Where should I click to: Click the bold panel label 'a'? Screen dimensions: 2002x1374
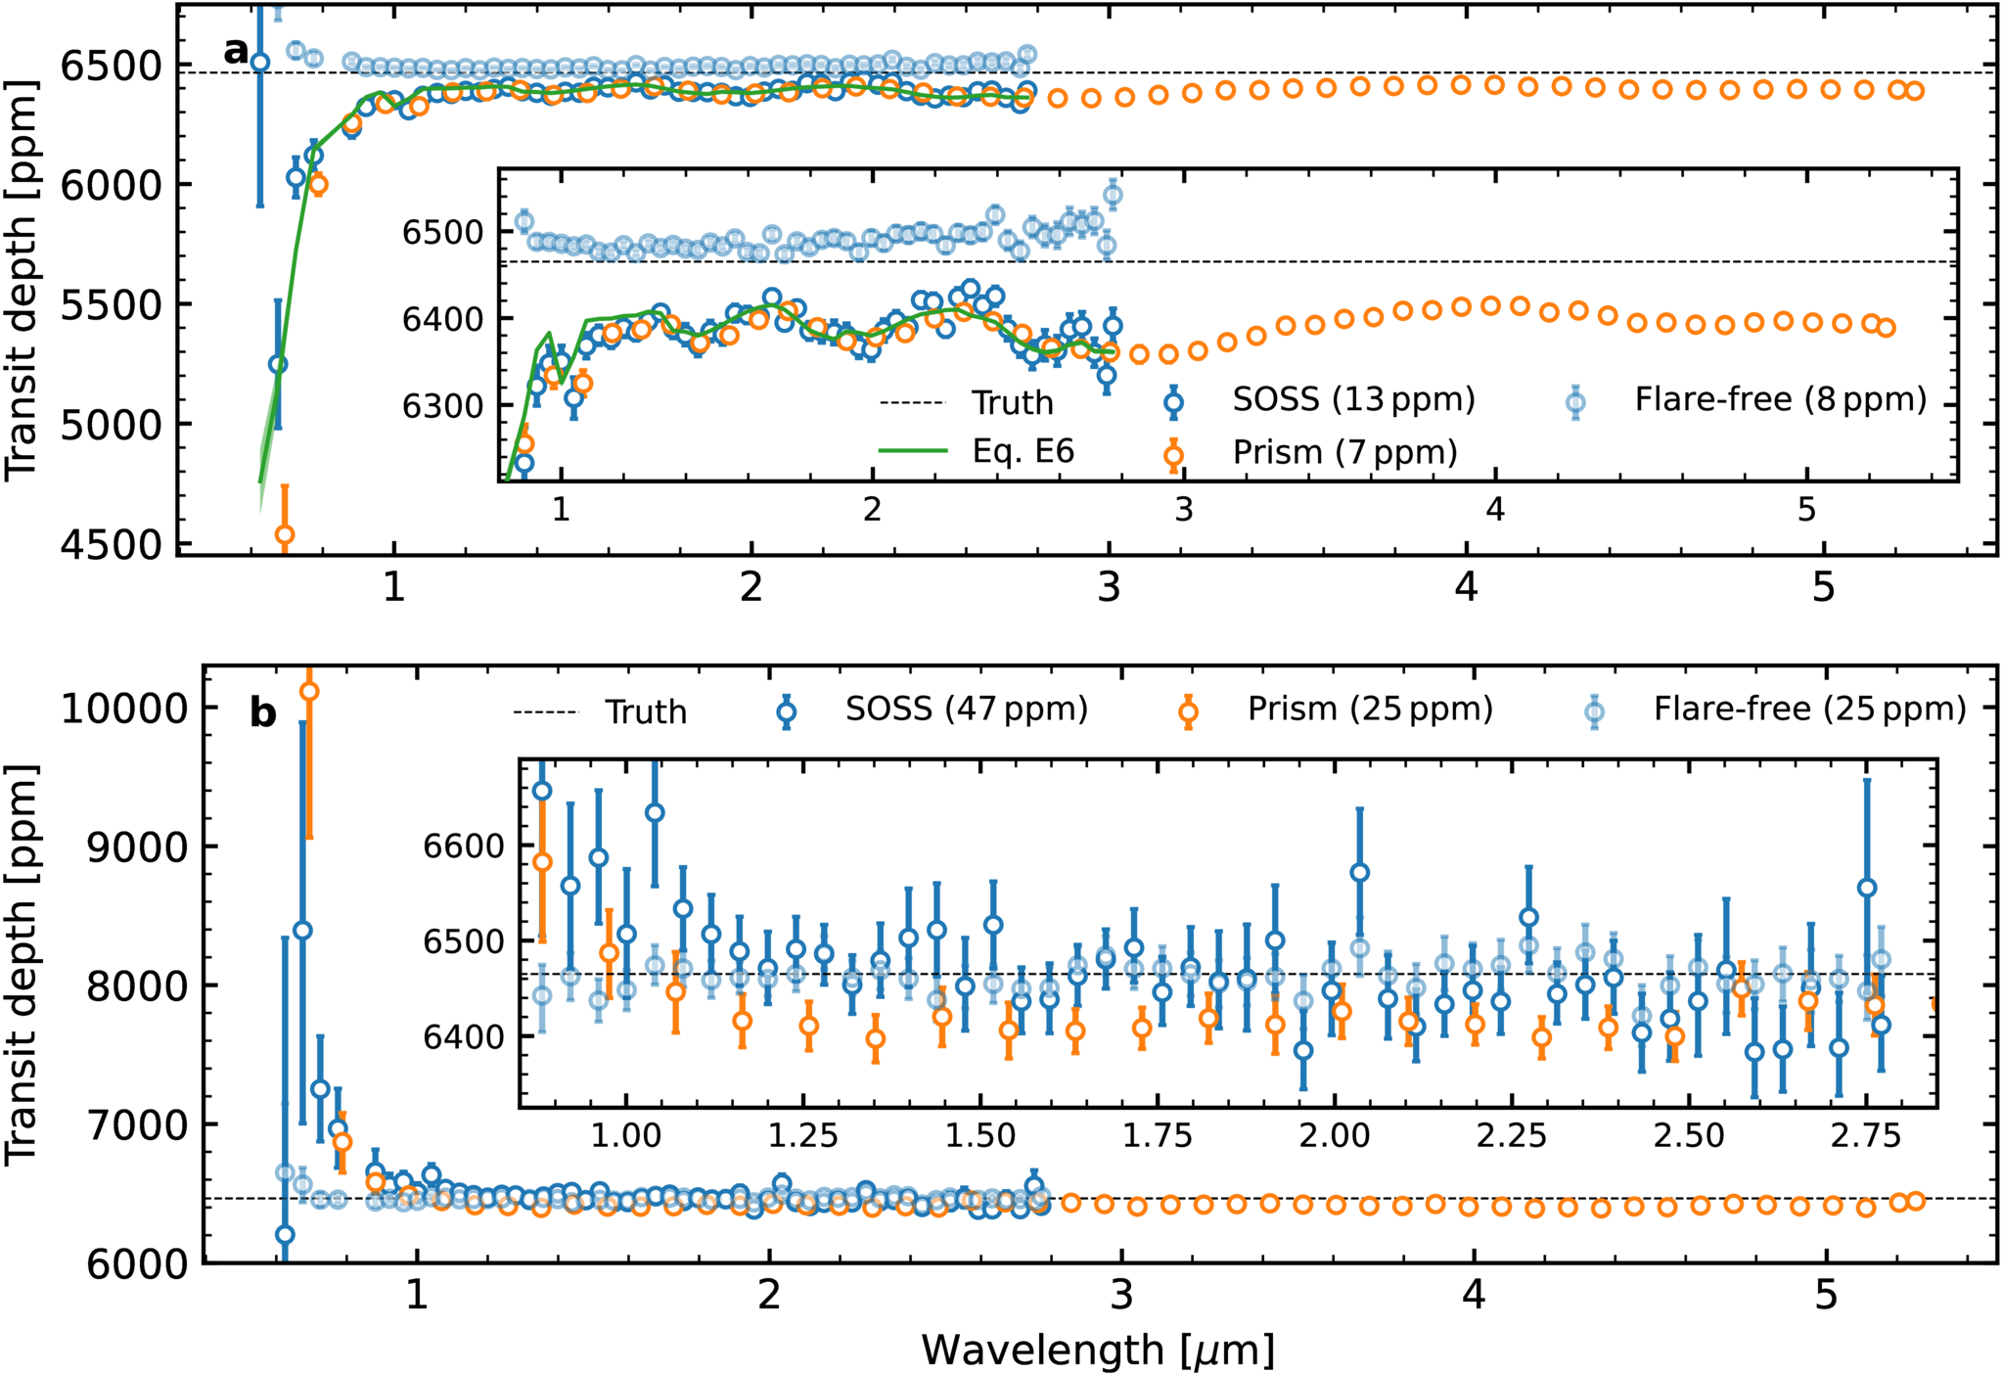point(236,50)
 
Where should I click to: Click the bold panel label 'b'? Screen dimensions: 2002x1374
point(263,713)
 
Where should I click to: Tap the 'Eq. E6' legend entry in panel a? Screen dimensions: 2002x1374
point(1023,451)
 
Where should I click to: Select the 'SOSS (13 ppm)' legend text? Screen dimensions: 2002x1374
point(1353,399)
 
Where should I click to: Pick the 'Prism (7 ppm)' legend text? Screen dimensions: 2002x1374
point(1344,452)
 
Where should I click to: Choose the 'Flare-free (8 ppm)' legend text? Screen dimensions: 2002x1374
point(1781,399)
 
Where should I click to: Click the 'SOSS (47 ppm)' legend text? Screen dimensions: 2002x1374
point(967,709)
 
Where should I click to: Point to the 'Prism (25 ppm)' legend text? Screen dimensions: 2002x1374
point(1370,709)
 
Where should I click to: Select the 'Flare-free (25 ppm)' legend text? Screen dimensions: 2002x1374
point(1810,709)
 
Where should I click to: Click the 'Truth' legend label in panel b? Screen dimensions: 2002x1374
point(646,711)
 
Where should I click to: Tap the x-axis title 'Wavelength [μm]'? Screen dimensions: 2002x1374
point(1098,1350)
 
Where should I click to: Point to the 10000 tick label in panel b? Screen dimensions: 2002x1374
point(123,709)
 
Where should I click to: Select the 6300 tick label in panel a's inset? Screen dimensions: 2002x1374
point(443,406)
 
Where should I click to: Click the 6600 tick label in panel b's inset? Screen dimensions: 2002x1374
point(464,847)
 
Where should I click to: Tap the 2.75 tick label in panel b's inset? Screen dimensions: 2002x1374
point(1865,1135)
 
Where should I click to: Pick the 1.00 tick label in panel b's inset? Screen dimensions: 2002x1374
point(625,1135)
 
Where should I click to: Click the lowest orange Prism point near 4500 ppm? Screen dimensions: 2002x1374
point(285,534)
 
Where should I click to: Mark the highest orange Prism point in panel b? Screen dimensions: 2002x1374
point(309,692)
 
